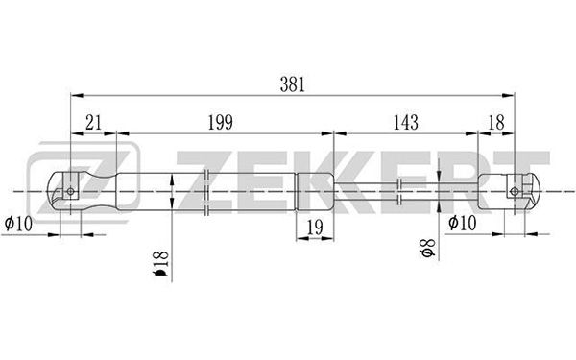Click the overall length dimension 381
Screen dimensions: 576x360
pyautogui.click(x=293, y=84)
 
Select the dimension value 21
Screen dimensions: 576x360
pyautogui.click(x=93, y=122)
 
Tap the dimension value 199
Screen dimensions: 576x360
pyautogui.click(x=221, y=122)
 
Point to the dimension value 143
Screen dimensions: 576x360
pyautogui.click(x=406, y=122)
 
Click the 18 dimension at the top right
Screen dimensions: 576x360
pyautogui.click(x=496, y=122)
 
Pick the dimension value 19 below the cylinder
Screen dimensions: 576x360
pyautogui.click(x=315, y=228)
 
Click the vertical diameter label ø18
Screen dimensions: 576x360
pyautogui.click(x=160, y=263)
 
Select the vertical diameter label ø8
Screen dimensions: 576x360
pyautogui.click(x=427, y=248)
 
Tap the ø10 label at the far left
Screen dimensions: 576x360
pyautogui.click(x=18, y=223)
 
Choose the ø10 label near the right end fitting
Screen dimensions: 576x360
pyautogui.click(x=462, y=223)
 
